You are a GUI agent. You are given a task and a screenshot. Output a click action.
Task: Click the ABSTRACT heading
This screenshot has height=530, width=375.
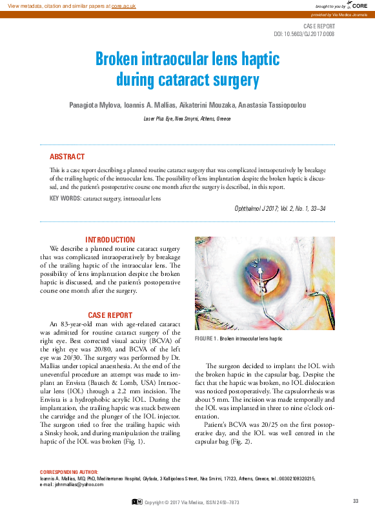[x=67, y=157]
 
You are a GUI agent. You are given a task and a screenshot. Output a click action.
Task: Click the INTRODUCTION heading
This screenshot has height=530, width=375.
[x=110, y=239]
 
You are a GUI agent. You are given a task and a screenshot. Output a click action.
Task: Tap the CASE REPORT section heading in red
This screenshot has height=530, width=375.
[x=110, y=315]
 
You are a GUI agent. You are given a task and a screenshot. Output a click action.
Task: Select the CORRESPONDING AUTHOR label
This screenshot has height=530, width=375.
[x=69, y=472]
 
